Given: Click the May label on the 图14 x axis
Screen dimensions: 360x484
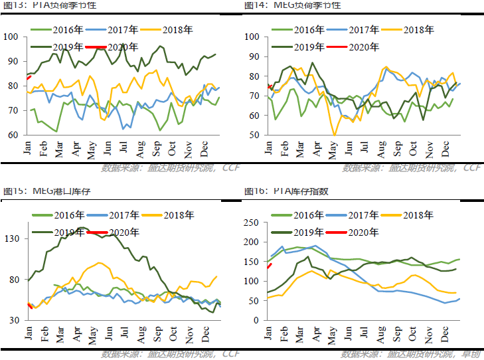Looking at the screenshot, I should tap(331, 147).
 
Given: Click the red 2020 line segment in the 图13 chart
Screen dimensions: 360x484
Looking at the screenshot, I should tap(29, 78).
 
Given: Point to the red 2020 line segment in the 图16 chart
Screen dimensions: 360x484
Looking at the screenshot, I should tap(270, 265).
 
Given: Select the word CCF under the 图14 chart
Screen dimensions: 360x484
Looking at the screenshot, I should tap(471, 167).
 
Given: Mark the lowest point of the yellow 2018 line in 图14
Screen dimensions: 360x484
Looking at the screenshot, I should tap(335, 135).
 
